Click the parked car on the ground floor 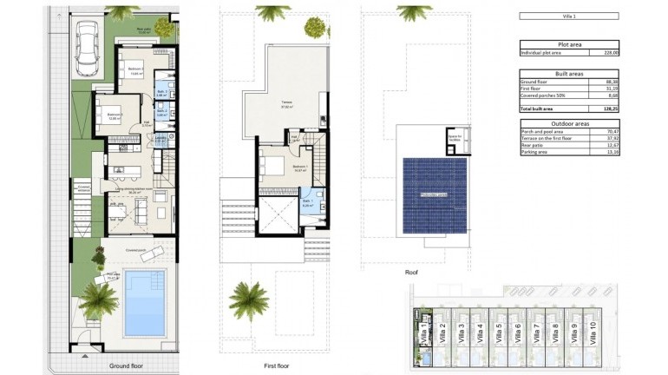point(88,49)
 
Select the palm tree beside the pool point(99,299)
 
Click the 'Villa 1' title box point(568,16)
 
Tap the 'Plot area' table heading point(568,44)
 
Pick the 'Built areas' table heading point(568,72)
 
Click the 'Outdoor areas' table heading point(568,122)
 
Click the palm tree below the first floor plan point(249,300)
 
